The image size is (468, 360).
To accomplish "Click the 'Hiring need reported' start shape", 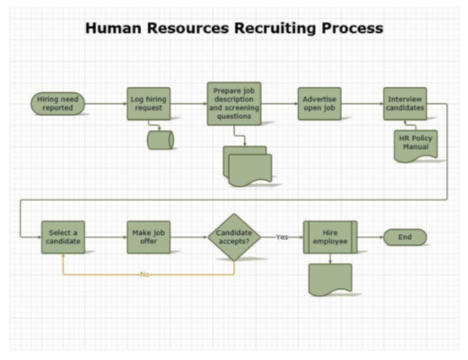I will click(58, 104).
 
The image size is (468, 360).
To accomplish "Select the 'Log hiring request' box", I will click(149, 104).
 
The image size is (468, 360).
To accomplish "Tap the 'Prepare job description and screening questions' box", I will click(233, 104).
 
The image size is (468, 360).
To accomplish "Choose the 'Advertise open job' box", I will click(319, 103).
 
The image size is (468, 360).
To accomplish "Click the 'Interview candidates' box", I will click(405, 103).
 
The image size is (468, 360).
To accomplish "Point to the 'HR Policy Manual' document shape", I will click(414, 145).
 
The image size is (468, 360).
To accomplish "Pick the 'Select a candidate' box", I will click(63, 237).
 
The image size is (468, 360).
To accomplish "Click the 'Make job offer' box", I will click(150, 237).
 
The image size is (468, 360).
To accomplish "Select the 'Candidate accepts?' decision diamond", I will click(235, 237).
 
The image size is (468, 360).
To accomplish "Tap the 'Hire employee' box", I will click(329, 237).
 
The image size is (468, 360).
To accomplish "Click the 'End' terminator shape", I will click(405, 237).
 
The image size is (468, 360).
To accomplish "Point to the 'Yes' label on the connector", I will click(282, 237).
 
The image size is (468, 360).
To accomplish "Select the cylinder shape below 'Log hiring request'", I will click(160, 139).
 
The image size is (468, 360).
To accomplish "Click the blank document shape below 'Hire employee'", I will click(329, 280).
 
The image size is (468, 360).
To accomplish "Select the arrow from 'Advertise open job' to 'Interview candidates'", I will click(362, 104).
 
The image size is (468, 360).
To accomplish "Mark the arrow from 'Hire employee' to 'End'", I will click(371, 237).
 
